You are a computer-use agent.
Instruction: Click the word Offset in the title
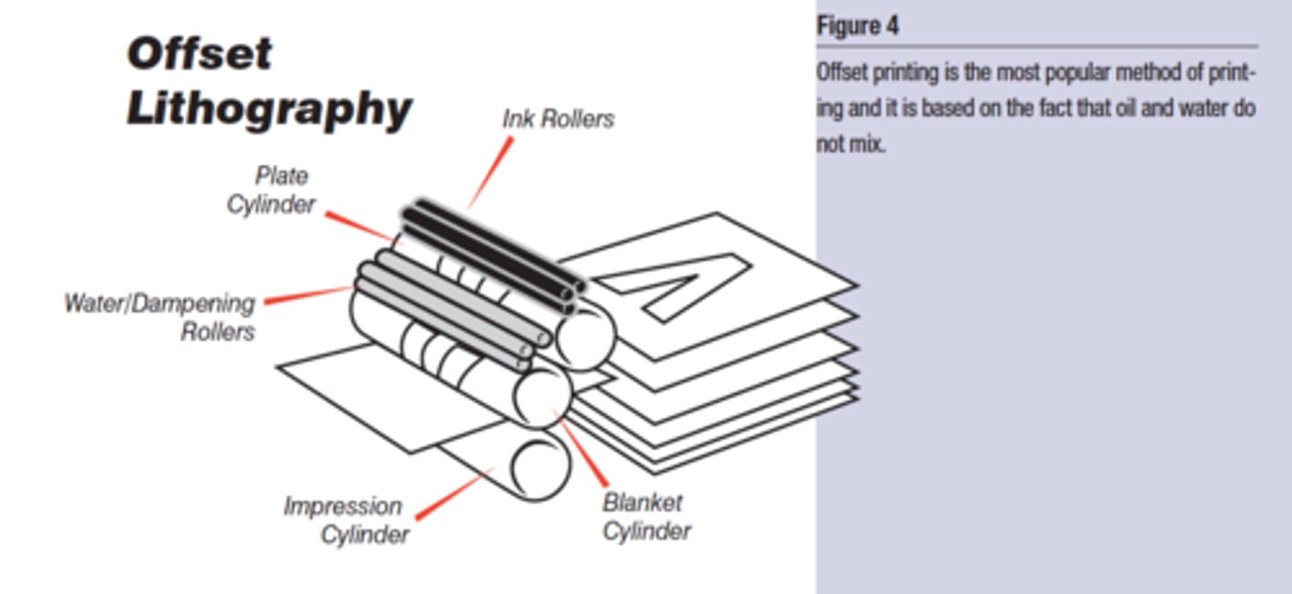199,54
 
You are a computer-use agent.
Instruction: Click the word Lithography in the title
269,109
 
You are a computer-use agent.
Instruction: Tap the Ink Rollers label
558,119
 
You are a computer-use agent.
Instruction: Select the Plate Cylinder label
271,190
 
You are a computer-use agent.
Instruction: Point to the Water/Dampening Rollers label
160,317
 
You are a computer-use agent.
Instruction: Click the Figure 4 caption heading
857,26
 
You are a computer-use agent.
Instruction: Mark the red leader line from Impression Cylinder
453,493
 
